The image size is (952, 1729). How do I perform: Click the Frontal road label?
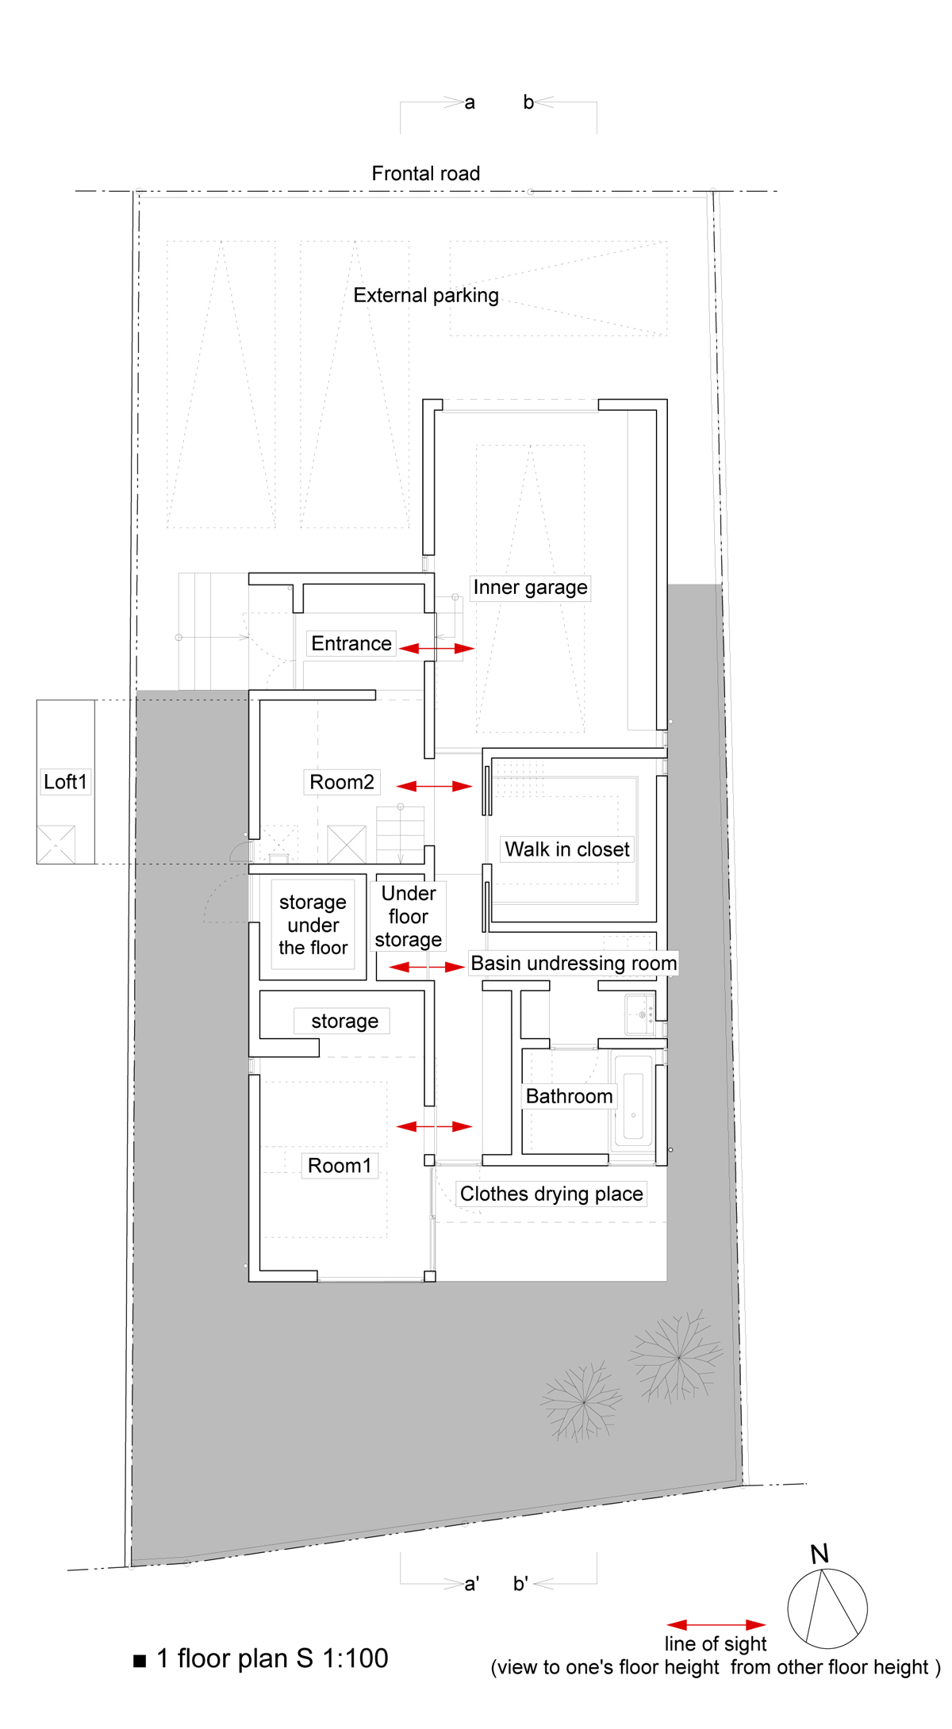tap(426, 174)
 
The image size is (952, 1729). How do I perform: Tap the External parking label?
tap(426, 296)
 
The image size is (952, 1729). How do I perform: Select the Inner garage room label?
tap(530, 588)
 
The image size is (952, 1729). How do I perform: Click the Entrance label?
tap(351, 643)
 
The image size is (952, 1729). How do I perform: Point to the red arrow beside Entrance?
tap(436, 649)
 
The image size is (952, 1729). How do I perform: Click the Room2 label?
tap(342, 782)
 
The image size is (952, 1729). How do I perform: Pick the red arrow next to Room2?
tap(434, 786)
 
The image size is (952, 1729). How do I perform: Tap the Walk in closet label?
tap(567, 849)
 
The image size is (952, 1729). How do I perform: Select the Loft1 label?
tap(65, 782)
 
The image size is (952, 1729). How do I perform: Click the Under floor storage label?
tap(409, 917)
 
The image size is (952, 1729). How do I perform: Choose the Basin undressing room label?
tap(574, 964)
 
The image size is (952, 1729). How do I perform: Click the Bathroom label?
tap(570, 1097)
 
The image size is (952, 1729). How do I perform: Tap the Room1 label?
tap(340, 1166)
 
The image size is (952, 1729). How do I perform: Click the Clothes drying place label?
tap(551, 1194)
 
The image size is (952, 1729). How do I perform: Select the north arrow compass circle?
tap(827, 1608)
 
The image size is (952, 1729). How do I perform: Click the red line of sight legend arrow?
tap(716, 1625)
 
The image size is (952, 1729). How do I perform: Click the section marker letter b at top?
tap(528, 102)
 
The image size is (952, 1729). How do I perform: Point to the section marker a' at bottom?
tap(472, 1584)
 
